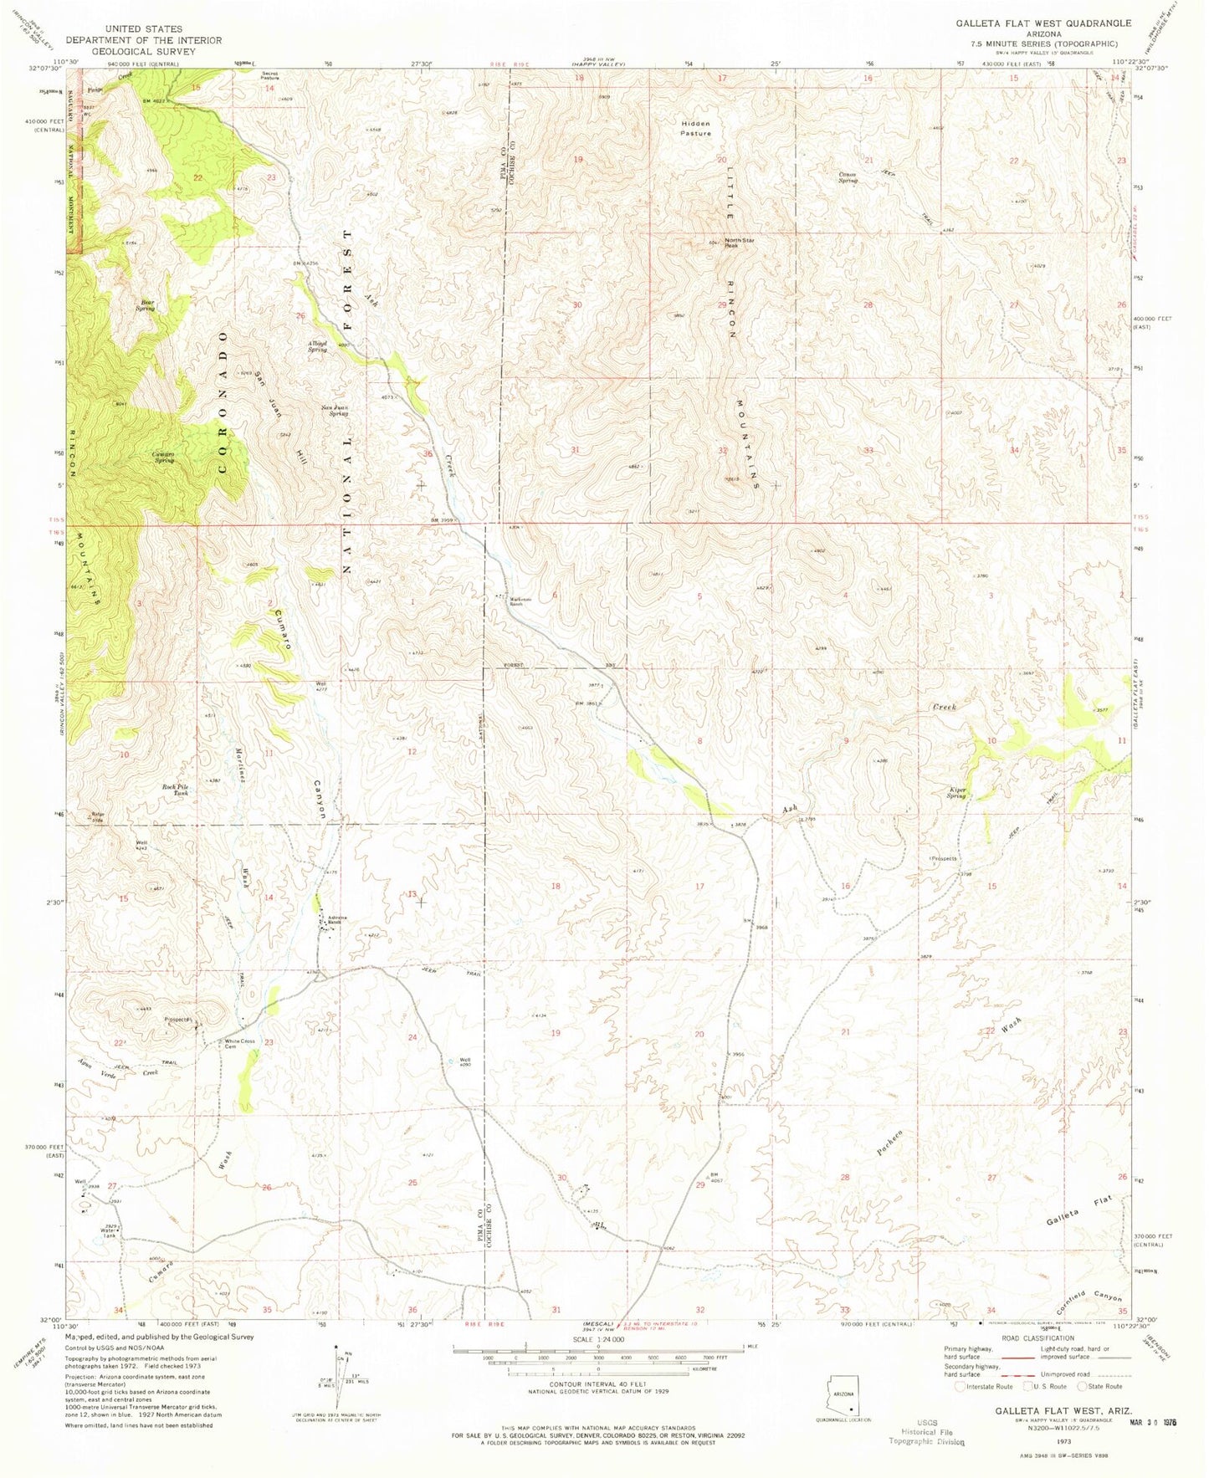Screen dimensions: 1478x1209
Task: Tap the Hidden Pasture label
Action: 695,128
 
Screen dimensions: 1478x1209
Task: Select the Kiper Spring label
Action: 958,792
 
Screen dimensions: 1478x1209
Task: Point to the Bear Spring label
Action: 146,305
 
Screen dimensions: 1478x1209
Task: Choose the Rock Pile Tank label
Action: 175,790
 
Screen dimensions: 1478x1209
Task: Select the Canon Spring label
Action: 849,177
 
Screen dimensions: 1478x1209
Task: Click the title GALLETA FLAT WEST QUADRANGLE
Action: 1043,23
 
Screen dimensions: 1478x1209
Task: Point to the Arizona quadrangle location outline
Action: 845,1395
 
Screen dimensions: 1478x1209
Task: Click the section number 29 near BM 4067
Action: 699,1184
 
